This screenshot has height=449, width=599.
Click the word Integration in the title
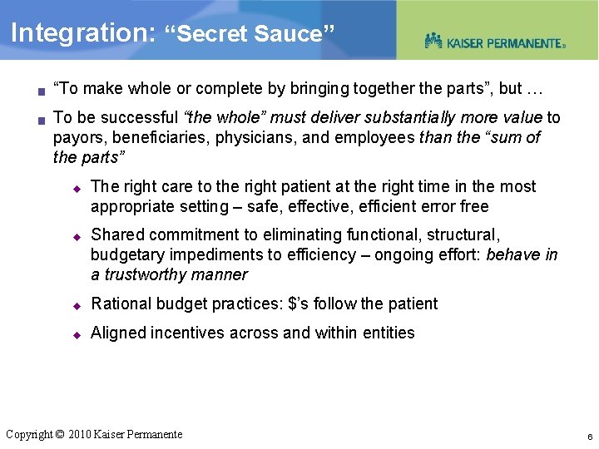pyautogui.click(x=78, y=33)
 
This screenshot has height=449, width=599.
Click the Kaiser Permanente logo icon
pyautogui.click(x=433, y=41)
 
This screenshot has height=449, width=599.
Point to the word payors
pyautogui.click(x=78, y=137)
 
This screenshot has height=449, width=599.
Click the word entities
pyautogui.click(x=389, y=333)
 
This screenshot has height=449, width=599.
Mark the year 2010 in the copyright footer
pyautogui.click(x=78, y=434)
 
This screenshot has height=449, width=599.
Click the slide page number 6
pyautogui.click(x=589, y=437)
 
